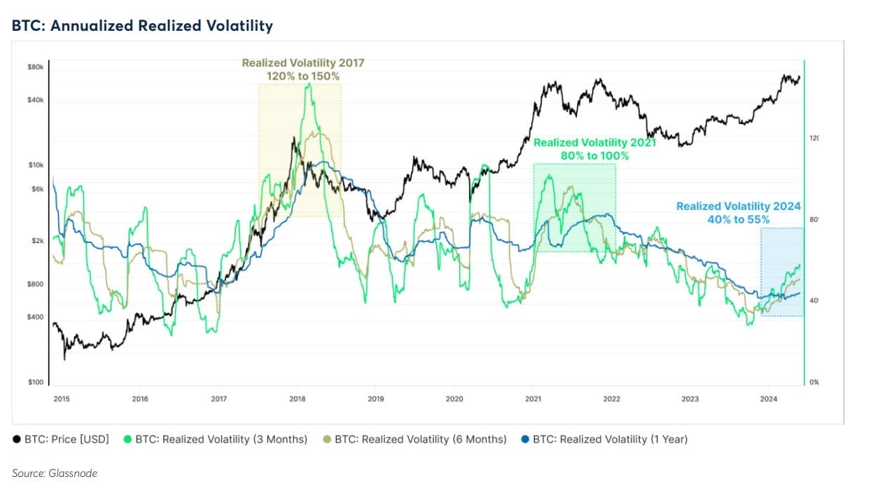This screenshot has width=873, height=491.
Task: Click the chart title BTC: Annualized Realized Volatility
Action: (142, 27)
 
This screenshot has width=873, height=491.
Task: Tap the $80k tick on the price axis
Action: (36, 67)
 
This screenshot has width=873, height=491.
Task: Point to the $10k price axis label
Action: (36, 165)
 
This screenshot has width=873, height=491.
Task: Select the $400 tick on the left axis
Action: (36, 317)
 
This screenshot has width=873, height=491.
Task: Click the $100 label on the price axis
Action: (36, 382)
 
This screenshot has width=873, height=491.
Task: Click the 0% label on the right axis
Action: (813, 382)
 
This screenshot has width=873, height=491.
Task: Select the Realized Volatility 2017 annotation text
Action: (303, 63)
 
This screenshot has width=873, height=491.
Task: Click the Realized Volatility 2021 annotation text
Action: (594, 143)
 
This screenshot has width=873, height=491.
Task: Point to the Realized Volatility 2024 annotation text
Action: (738, 207)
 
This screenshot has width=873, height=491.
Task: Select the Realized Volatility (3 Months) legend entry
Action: (215, 439)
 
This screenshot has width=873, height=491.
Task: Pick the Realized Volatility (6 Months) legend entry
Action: (414, 439)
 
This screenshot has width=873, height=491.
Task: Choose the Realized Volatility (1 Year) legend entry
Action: (604, 439)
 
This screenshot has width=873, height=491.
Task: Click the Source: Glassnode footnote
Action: (55, 473)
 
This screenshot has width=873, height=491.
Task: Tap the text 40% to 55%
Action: (738, 219)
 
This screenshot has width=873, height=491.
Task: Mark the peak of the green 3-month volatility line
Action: (309, 84)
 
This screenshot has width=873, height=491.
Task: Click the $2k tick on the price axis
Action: (37, 241)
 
